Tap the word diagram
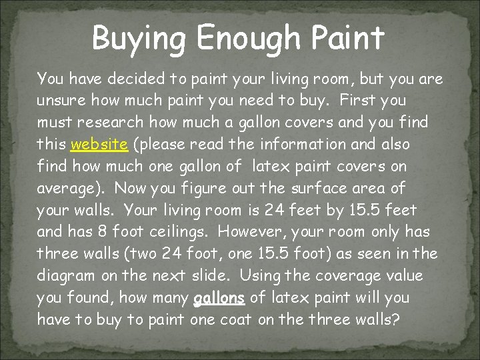point(64,275)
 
